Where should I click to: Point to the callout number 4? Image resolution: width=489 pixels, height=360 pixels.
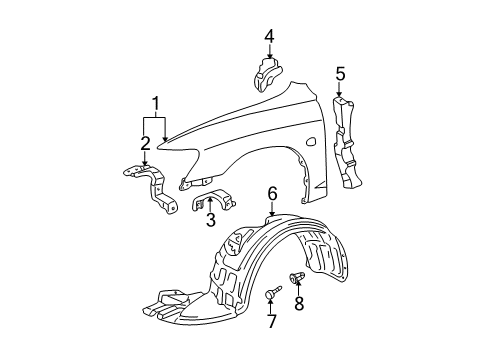[268, 37]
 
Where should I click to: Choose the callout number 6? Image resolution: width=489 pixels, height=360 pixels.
[271, 191]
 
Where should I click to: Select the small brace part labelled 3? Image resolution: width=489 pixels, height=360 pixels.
[205, 195]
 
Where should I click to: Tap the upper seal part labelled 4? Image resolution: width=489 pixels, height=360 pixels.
[268, 74]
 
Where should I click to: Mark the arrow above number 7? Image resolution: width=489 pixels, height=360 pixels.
[270, 305]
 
